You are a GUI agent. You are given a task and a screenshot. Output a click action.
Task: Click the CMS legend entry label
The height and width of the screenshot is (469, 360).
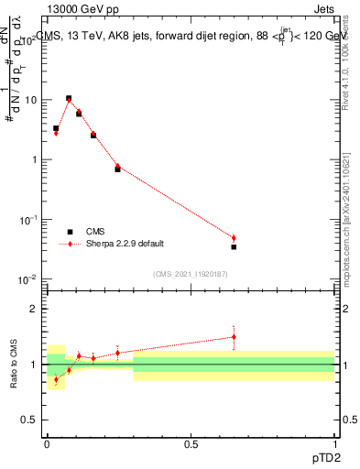(x=95, y=232)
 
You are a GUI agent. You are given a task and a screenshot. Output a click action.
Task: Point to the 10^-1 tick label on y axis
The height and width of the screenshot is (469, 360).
(x=27, y=220)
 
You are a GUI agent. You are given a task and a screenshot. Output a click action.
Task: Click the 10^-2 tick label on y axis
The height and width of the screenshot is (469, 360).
(x=27, y=279)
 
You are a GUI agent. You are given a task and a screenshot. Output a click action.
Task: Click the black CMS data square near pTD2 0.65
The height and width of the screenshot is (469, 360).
(x=234, y=246)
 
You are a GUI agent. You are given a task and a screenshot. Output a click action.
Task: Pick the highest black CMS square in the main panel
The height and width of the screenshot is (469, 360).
(x=69, y=98)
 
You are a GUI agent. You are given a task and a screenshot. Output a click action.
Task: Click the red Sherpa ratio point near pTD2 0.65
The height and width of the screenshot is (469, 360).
(x=234, y=336)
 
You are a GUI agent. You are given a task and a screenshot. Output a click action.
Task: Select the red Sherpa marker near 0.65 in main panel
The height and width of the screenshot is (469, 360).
(x=234, y=238)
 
